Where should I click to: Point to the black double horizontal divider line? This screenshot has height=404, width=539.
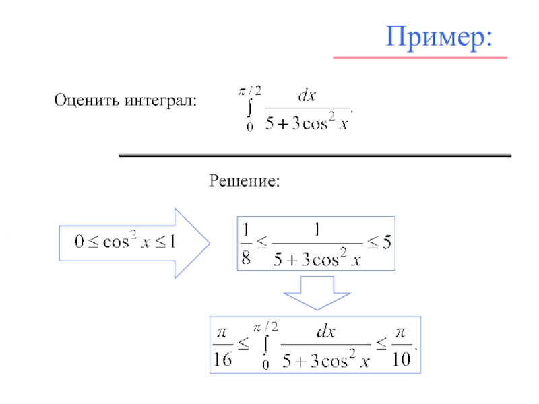click(x=315, y=156)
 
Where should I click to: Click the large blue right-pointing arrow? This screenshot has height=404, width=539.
click(x=134, y=243)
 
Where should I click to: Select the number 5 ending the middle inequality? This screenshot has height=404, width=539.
click(x=386, y=243)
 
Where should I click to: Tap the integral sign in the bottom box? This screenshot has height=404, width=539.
click(x=266, y=345)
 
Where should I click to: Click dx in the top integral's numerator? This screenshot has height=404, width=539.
click(x=307, y=96)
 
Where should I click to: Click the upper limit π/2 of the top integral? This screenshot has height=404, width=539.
click(x=250, y=87)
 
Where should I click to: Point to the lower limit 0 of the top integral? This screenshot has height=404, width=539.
click(x=249, y=127)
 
